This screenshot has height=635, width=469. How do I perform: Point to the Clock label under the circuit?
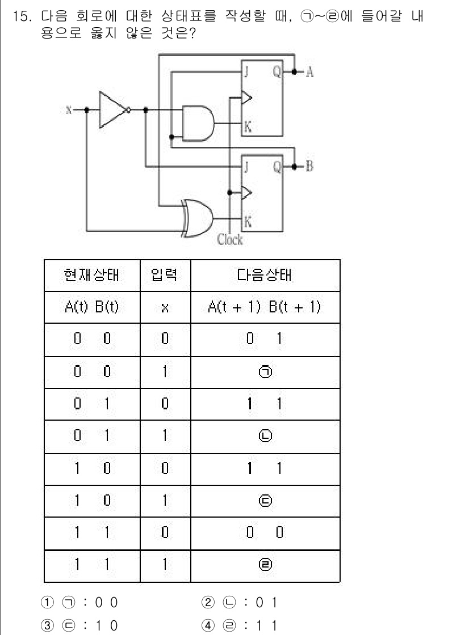[x=229, y=240]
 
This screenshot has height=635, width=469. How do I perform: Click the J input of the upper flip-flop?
[x=248, y=72]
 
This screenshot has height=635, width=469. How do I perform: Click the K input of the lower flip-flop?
[x=248, y=222]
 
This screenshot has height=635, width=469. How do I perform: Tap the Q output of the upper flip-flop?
[x=277, y=72]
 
